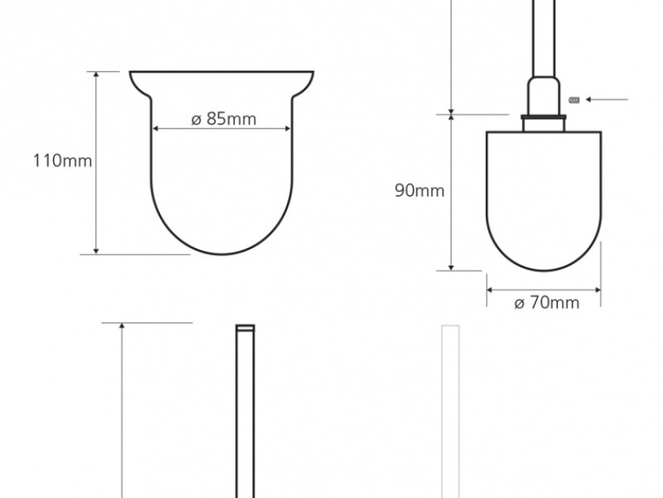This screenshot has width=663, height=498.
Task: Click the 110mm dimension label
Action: point(63,161)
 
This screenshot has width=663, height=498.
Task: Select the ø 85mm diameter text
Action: point(224,119)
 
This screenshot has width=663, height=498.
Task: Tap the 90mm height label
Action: point(419,191)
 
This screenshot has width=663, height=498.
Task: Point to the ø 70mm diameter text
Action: point(547,303)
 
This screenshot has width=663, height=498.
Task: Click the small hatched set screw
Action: point(573,100)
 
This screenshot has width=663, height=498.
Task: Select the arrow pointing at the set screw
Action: point(607,100)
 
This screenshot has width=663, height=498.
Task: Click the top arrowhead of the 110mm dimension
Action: point(96,75)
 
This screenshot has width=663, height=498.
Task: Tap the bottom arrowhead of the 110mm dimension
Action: point(96,251)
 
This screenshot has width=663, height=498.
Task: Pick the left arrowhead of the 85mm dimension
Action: point(155,129)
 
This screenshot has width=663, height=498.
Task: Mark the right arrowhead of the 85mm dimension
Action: point(288,129)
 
